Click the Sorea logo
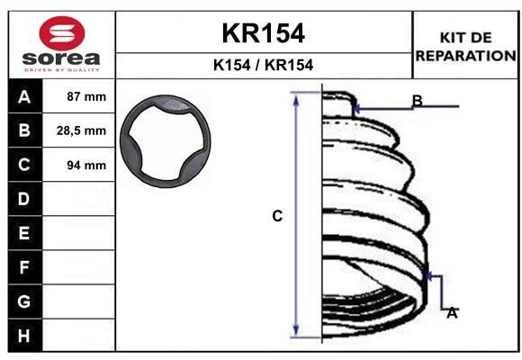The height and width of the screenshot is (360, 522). (61, 45)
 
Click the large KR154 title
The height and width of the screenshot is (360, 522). (263, 33)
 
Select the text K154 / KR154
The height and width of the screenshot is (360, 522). (263, 65)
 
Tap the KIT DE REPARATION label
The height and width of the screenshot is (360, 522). (465, 46)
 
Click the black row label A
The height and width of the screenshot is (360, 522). (24, 96)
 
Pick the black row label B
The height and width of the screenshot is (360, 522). (24, 130)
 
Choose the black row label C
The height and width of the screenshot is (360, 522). (24, 165)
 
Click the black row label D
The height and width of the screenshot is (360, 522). (24, 199)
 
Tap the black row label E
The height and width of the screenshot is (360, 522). (24, 233)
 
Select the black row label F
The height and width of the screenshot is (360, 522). (24, 267)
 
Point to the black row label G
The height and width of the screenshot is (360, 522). (24, 301)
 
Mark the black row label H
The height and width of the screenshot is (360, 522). (24, 335)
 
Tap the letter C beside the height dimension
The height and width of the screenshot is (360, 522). (277, 216)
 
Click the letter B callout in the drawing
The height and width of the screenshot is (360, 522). (417, 100)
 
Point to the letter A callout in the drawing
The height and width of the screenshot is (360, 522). (452, 313)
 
